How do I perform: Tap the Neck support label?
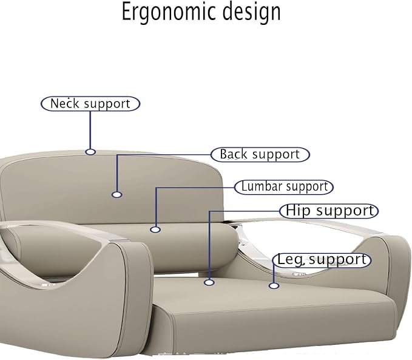tap(90, 104)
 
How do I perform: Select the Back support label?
tap(260, 154)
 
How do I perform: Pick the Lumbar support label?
tap(284, 187)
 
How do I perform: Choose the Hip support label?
tap(329, 211)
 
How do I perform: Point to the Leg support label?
tap(322, 260)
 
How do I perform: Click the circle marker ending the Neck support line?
tap(90, 152)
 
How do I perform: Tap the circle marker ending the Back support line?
tap(117, 195)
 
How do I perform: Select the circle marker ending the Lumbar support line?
tap(155, 229)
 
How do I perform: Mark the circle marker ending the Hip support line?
tap(209, 282)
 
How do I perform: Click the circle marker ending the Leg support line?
tap(274, 285)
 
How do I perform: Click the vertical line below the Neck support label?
tap(90, 130)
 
